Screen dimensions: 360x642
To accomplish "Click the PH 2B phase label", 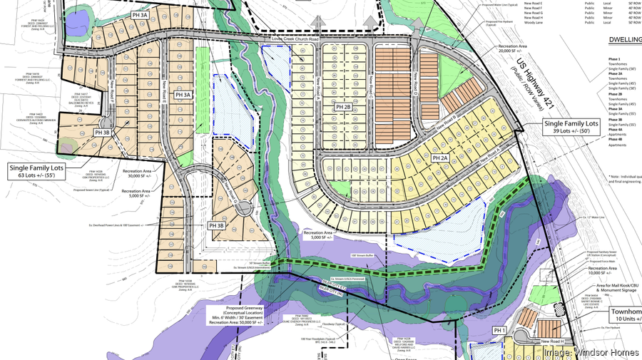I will click(x=343, y=107).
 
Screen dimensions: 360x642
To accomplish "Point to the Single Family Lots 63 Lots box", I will click(x=44, y=170).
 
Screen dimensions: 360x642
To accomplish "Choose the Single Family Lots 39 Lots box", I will click(x=576, y=129).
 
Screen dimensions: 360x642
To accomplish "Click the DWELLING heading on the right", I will click(x=622, y=41).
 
